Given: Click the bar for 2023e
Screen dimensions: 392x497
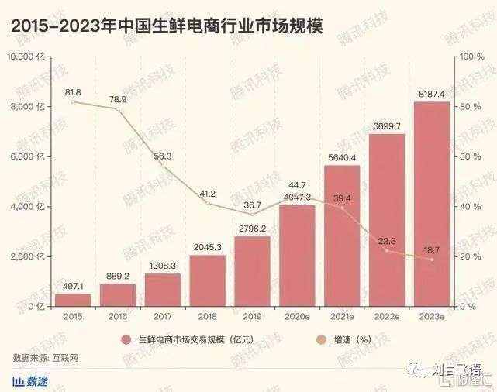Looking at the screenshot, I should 431,205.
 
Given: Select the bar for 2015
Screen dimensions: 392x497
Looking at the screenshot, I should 73,300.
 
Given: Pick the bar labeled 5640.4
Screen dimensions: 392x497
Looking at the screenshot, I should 341,236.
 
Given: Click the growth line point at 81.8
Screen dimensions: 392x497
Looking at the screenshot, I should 73,102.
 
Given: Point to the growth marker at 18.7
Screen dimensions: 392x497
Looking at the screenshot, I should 431,260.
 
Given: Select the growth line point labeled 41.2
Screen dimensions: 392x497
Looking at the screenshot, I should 207,203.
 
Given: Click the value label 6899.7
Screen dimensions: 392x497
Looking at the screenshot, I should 386,126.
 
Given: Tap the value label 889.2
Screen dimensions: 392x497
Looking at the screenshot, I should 118,275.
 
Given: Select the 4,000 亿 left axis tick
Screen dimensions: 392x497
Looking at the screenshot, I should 29,207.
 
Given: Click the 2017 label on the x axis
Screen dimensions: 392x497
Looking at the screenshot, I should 162,318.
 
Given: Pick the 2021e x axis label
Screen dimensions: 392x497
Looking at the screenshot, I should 341,318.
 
